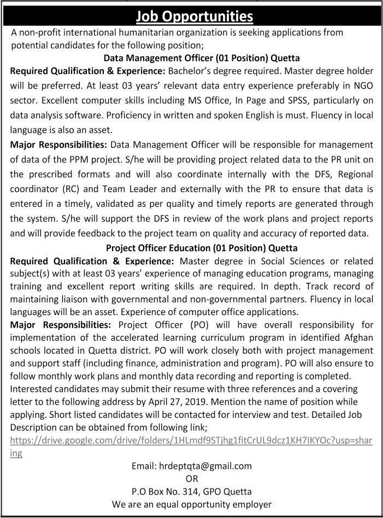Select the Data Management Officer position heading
pyautogui.click(x=202, y=57)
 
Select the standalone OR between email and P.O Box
pyautogui.click(x=192, y=479)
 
